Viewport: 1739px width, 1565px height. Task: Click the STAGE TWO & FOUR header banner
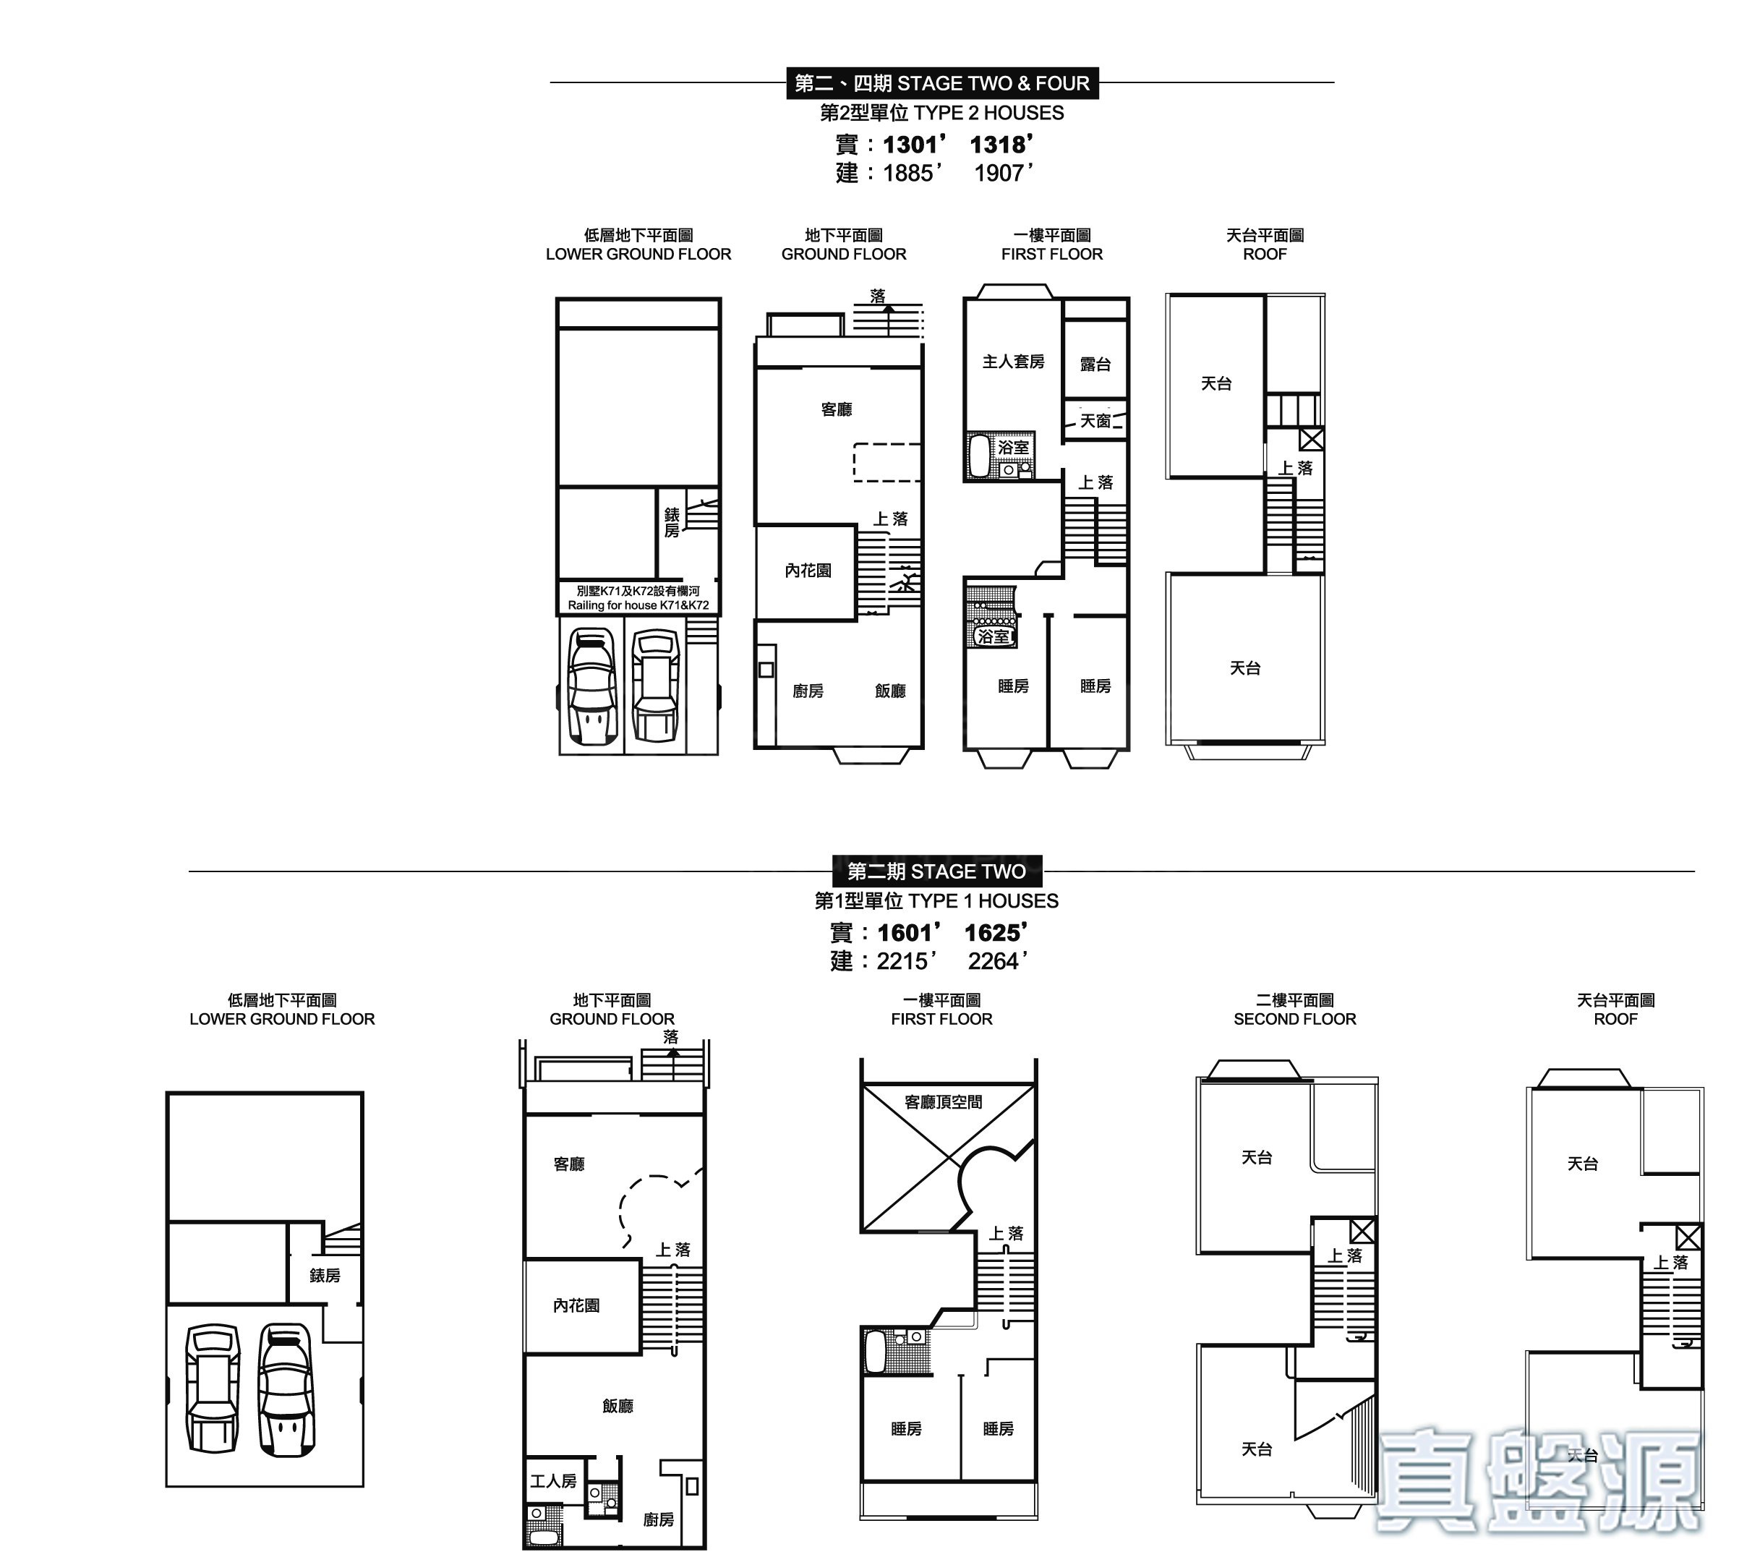pos(942,83)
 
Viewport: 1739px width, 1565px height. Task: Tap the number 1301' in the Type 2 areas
pos(915,145)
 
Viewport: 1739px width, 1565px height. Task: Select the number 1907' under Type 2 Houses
pos(1003,174)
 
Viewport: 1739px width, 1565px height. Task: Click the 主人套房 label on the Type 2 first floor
pos(1014,362)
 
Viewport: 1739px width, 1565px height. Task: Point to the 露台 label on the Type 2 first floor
pos(1095,364)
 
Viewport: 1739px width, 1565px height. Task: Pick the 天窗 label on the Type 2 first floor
pos(1095,422)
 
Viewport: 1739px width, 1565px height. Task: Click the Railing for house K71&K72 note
pos(638,605)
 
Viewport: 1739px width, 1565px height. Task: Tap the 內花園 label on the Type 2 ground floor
pos(808,571)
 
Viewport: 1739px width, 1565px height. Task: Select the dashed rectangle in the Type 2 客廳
pos(887,463)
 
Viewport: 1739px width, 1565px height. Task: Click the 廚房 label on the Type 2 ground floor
pos(808,691)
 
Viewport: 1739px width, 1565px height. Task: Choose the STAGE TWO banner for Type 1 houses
pos(937,871)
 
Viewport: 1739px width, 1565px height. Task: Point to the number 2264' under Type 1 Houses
pos(998,961)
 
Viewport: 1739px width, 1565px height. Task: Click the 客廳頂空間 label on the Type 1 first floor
pos(943,1102)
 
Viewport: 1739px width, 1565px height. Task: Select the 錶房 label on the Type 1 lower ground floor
pos(325,1276)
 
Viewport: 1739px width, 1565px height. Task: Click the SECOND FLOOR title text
pos(1294,1019)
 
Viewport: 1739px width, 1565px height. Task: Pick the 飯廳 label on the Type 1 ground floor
pos(618,1406)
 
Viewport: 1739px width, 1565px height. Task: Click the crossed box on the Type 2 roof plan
pos(1311,440)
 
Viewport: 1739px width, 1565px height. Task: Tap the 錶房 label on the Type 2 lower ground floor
pos(671,522)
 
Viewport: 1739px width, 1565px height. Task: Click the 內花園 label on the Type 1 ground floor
pos(576,1305)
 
